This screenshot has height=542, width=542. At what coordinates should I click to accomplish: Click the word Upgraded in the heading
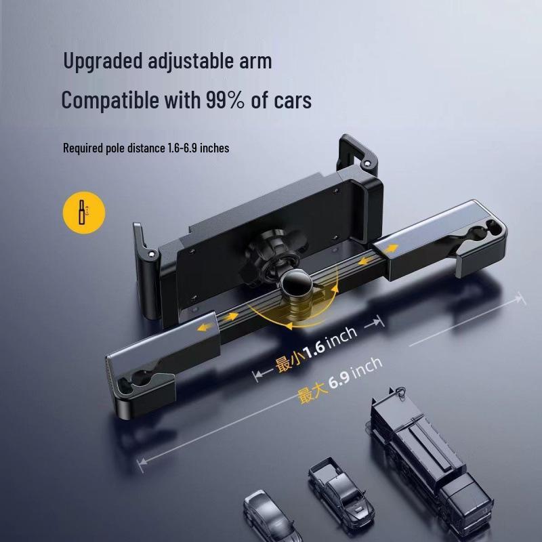[x=103, y=61]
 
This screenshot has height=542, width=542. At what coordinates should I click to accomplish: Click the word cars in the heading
[x=291, y=100]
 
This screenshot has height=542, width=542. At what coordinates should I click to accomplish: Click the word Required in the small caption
[x=82, y=147]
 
